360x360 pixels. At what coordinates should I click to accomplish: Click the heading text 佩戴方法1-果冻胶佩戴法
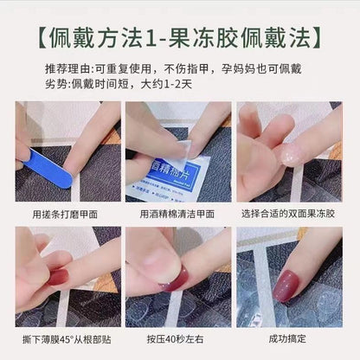(180, 38)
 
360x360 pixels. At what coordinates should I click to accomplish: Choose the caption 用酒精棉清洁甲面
(179, 214)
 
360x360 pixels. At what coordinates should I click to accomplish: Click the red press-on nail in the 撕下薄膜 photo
(59, 277)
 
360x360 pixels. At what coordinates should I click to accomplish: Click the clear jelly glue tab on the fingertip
(288, 154)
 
